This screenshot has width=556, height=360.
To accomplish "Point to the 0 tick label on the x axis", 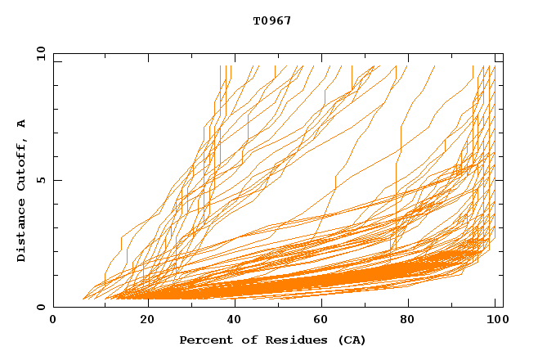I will [x=53, y=321].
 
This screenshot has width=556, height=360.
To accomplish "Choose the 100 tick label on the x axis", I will [x=495, y=321].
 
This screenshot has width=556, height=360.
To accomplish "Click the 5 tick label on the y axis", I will [x=41, y=180].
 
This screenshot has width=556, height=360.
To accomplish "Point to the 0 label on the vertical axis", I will [x=41, y=307].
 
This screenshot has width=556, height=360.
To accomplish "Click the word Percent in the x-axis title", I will [x=203, y=340].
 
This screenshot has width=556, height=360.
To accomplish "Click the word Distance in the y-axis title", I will [x=22, y=230].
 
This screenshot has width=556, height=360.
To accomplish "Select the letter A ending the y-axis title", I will [x=22, y=123].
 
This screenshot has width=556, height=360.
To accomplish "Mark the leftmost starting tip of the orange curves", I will [x=83, y=299].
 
